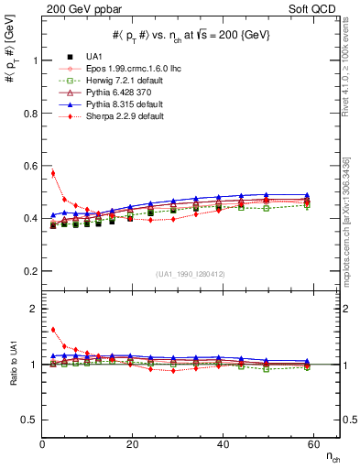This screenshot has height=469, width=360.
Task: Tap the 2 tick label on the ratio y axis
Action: pyautogui.click(x=34, y=310)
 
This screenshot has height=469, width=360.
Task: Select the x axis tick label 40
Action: pyautogui.click(x=223, y=443)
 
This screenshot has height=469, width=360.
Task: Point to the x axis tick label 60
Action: pyautogui.click(x=312, y=443)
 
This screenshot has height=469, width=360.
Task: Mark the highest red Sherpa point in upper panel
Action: pyautogui.click(x=52, y=173)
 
